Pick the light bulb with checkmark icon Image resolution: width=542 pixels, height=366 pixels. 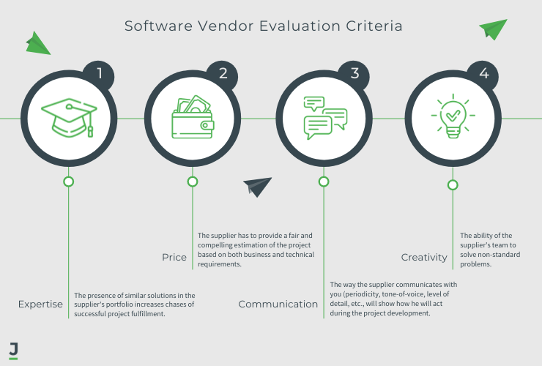453,117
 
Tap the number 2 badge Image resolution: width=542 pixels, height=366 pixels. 223,74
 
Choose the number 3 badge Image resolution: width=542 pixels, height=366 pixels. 355,74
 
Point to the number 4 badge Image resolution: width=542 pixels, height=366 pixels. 483,74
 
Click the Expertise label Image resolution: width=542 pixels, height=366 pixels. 41,304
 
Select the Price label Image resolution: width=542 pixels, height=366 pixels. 174,257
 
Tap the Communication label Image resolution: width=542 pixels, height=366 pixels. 278,304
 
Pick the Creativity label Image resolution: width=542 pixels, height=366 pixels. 424,257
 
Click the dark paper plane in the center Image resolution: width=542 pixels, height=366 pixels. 257,187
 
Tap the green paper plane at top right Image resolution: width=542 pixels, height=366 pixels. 494,29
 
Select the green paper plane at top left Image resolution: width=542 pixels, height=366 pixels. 37,44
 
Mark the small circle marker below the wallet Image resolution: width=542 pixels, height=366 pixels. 193,182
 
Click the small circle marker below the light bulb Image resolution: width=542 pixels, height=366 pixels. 453,185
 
